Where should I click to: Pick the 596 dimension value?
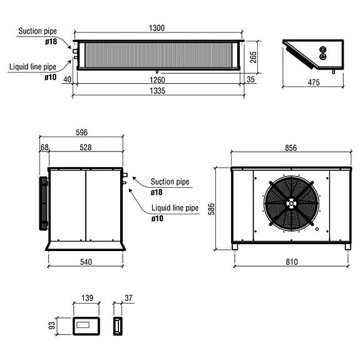[81, 132]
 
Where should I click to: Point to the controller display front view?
[84, 325]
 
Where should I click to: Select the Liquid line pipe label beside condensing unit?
[175, 207]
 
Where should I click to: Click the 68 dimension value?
[44, 147]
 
